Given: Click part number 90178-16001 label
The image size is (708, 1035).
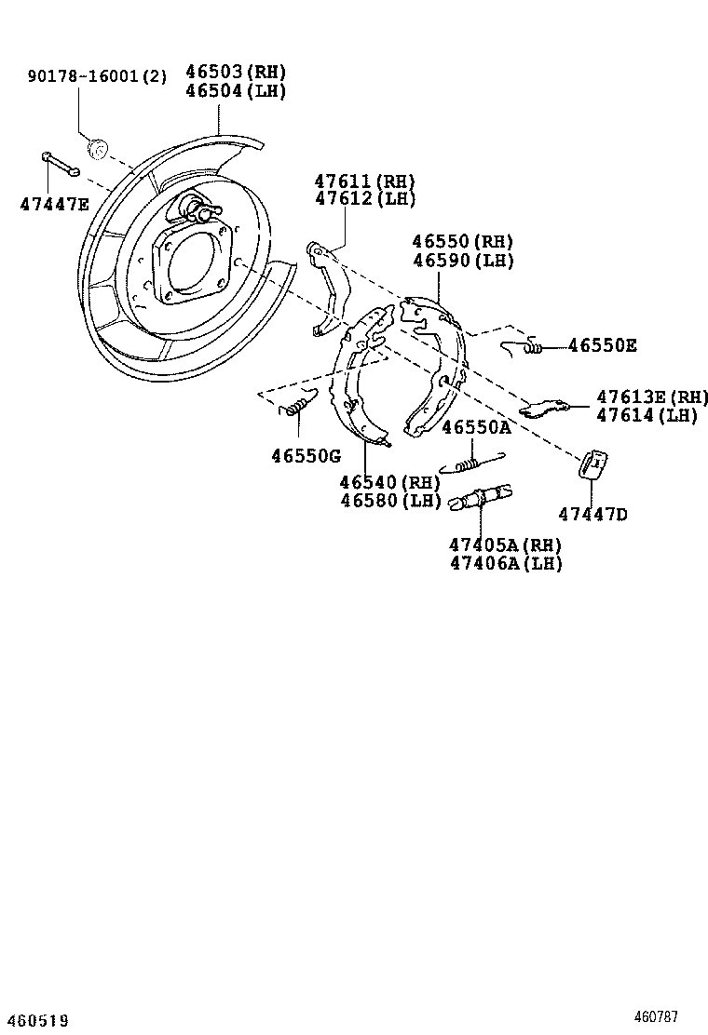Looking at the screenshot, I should [x=97, y=75].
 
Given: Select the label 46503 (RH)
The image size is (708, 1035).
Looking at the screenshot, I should [x=236, y=72].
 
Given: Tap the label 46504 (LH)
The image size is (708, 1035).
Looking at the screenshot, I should [x=236, y=91].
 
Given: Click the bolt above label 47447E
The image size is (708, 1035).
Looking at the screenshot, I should [x=60, y=165].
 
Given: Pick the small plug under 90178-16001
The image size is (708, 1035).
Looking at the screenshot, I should [x=96, y=146].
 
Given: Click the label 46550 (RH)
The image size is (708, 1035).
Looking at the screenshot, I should [x=463, y=242].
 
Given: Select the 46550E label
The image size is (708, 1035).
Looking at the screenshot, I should [x=603, y=346].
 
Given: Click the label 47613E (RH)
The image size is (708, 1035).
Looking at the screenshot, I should [x=652, y=397].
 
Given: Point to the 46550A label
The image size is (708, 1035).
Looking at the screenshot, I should [x=476, y=428].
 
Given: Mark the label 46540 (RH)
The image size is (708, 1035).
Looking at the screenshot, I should [x=389, y=482].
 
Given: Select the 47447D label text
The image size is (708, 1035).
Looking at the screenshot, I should [x=593, y=514].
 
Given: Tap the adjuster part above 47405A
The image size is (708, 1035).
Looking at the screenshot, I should [x=480, y=497].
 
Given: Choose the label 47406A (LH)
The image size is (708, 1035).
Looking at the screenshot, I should [x=506, y=563].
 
